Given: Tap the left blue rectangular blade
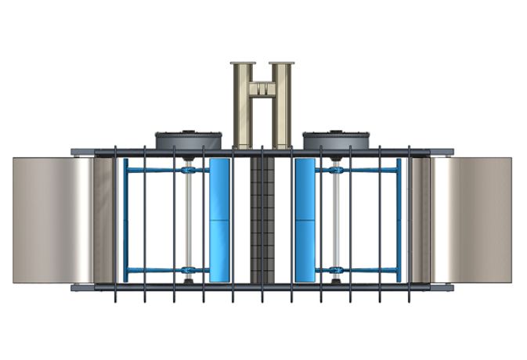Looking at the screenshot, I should pos(221,220).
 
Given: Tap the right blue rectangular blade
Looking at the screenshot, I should pos(305,220).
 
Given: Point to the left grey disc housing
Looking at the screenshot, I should pos(188,141).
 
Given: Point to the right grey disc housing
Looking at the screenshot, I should pos(336,141).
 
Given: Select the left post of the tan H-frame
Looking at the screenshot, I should pos(242,106).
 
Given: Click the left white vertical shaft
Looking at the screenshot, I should pos(189,220).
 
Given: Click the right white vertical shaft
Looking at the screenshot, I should pos(337,220).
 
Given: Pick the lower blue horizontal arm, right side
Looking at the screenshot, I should pos(368,271).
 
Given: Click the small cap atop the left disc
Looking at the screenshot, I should pos(188,131).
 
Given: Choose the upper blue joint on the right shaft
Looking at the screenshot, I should pos(337,170).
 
